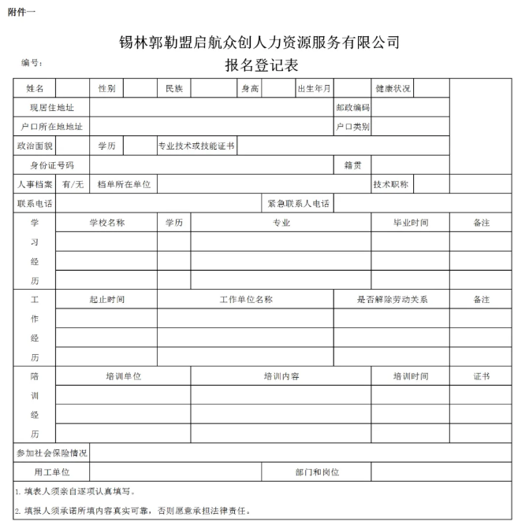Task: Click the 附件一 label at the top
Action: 22,10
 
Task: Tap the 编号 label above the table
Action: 32,62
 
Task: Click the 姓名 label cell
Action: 35,88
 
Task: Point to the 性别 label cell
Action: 106,88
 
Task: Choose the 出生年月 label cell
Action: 314,88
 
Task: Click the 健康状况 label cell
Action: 393,88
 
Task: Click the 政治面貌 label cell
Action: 35,146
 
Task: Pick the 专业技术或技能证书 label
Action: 197,146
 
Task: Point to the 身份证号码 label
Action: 52,165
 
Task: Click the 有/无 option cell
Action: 73,184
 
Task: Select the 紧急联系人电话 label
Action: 299,204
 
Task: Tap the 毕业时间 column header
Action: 411,223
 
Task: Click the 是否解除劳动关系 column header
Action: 392,299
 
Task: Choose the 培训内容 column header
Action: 281,376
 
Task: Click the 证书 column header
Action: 482,376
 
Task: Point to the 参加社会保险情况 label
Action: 52,453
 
